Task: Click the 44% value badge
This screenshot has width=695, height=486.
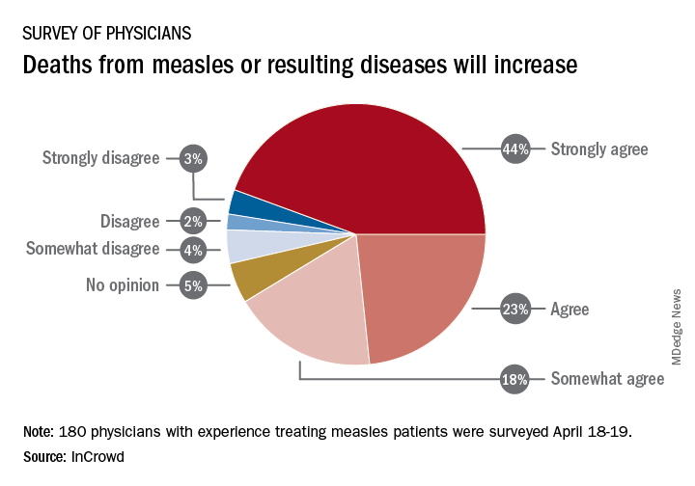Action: [515, 149]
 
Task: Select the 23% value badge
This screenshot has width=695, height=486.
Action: [515, 309]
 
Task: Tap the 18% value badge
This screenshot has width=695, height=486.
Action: [514, 379]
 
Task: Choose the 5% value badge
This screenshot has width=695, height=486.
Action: [193, 285]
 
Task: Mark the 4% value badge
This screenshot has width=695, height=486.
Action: [193, 250]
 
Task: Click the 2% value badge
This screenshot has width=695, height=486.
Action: [193, 221]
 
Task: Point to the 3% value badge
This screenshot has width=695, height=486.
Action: [193, 158]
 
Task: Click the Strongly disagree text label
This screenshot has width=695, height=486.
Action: [100, 158]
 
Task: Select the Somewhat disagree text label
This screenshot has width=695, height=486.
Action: [93, 249]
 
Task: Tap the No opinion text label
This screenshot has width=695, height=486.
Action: [123, 285]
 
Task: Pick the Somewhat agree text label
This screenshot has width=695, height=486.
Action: [607, 379]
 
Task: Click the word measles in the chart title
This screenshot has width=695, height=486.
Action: [192, 65]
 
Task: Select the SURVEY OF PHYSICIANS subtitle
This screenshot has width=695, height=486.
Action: [107, 33]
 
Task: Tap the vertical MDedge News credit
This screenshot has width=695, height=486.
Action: [677, 327]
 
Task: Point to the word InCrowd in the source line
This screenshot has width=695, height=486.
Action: [97, 457]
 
